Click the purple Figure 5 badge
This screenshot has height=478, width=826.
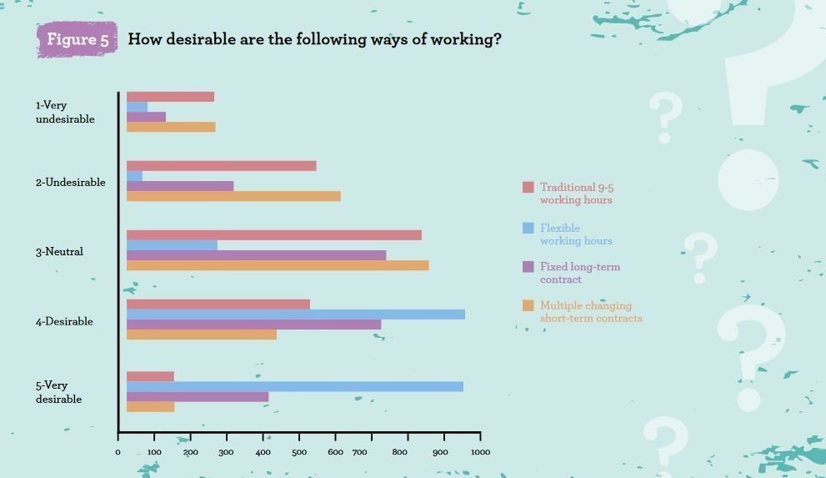click(78, 39)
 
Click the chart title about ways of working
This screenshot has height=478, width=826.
click(314, 39)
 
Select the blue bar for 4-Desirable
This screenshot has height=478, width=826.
click(296, 314)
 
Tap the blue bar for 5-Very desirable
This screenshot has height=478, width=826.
click(295, 386)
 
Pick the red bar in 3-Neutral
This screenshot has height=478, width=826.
click(274, 235)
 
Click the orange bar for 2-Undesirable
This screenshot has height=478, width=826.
click(233, 196)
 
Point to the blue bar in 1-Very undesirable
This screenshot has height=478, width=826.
click(138, 107)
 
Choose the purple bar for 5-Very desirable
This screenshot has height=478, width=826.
click(198, 397)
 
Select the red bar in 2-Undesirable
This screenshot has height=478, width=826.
click(222, 166)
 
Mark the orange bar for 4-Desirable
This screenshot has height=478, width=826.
click(202, 335)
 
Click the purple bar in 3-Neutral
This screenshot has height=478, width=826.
click(257, 255)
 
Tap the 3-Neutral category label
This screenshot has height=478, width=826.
click(59, 252)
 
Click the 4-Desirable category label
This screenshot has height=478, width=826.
click(64, 322)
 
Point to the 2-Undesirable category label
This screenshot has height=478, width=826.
click(70, 183)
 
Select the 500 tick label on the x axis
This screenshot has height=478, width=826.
click(298, 452)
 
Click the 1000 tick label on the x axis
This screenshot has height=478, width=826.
click(480, 452)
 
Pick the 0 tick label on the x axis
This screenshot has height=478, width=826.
click(118, 452)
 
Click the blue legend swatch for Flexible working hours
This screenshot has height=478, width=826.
click(528, 228)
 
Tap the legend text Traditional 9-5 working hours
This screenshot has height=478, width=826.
click(576, 194)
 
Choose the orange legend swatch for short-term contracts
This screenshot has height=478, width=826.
click(528, 305)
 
